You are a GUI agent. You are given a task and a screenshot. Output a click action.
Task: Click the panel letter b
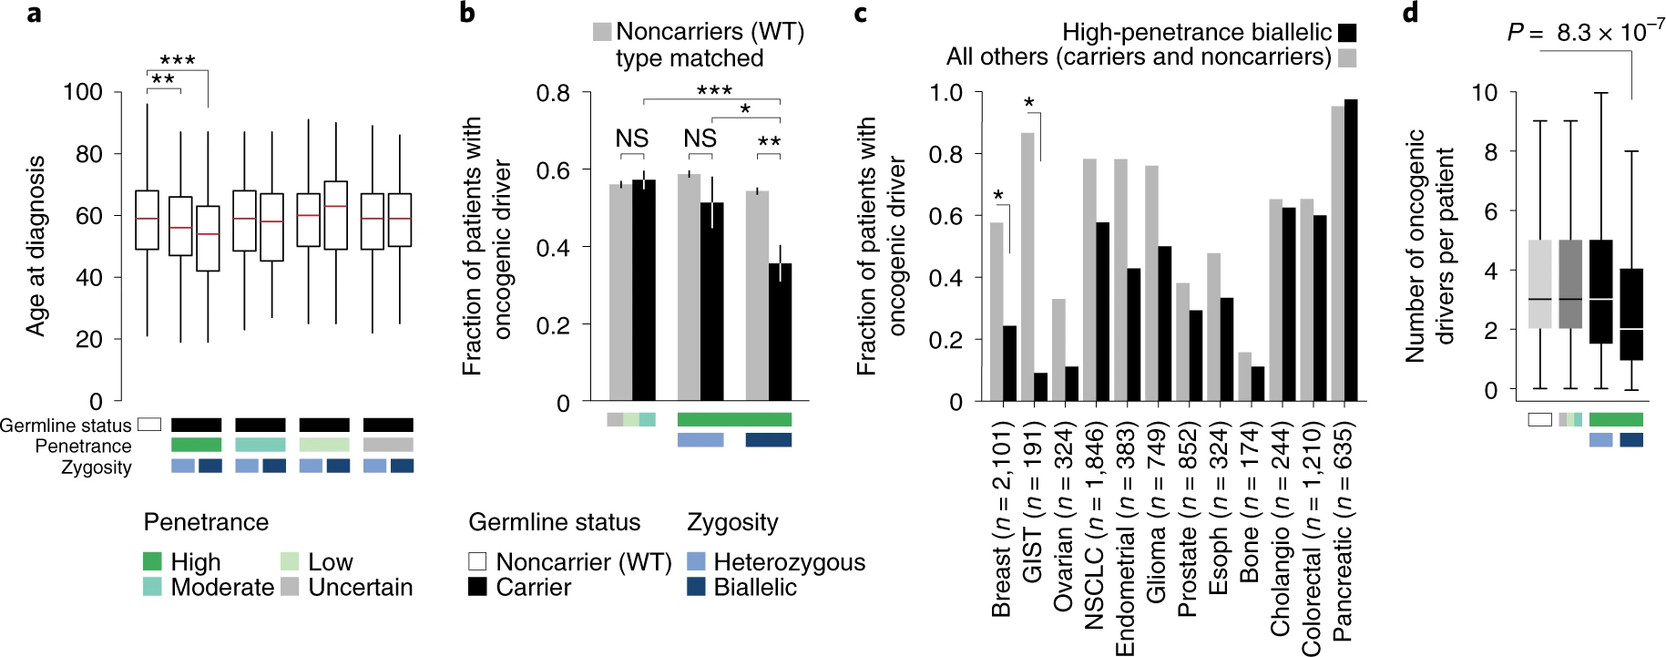coord(468,13)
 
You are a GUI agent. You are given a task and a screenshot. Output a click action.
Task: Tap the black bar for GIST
coord(1040,386)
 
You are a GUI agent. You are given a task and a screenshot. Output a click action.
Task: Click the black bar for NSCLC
coord(1102,312)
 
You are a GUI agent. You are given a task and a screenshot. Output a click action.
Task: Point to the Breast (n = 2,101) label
coord(1001,519)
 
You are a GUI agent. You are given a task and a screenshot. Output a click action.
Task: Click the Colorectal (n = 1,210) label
coord(1311,539)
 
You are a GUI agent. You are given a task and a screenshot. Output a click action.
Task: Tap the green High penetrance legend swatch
coord(153,561)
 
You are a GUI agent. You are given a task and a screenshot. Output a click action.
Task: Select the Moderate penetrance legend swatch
coord(153,587)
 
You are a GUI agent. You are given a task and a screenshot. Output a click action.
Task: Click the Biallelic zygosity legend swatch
coord(697,587)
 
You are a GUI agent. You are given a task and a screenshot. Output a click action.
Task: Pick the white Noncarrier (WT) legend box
coord(477,561)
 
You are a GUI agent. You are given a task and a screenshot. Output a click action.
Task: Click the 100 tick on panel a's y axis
coord(82,92)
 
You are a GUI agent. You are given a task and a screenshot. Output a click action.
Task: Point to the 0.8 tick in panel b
coord(553,93)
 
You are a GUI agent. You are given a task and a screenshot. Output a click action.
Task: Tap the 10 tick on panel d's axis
coord(1485,92)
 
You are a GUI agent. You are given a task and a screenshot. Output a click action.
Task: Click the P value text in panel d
coord(1585,32)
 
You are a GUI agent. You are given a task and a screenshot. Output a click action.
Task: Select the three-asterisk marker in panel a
coord(177,61)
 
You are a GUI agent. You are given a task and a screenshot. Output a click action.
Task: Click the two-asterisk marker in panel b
coord(769,142)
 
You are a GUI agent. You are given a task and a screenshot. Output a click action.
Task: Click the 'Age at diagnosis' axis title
coord(36,246)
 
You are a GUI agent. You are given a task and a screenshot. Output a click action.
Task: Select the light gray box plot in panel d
coord(1540,283)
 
